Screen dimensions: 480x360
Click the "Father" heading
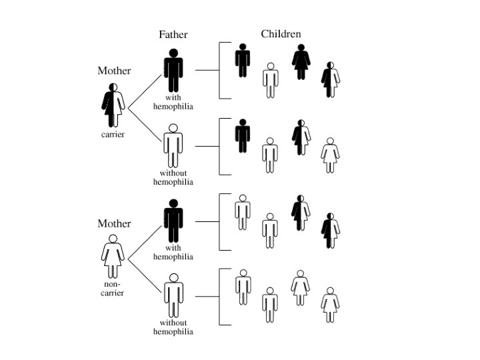(173, 35)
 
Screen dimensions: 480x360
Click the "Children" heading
(281, 34)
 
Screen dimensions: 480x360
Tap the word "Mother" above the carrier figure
(114, 71)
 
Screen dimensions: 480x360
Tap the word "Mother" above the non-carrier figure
(114, 224)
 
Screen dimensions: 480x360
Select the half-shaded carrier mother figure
(114, 105)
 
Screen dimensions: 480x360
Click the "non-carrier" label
(113, 289)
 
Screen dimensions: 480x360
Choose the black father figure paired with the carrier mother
(173, 71)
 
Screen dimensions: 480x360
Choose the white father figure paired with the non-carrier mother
(173, 294)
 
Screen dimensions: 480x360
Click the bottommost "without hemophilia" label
(173, 327)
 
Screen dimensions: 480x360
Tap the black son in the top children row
(242, 60)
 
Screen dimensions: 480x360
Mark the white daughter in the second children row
(329, 155)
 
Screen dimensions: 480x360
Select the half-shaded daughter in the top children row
(330, 79)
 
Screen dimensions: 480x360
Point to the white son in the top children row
(270, 79)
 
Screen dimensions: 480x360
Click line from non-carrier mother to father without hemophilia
(143, 273)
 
